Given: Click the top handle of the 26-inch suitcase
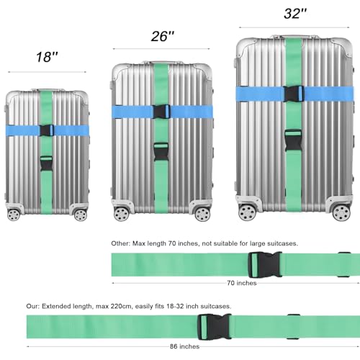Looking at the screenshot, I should (162, 58).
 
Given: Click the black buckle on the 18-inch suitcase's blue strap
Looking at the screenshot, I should (48, 130).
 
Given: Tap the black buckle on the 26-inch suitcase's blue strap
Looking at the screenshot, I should (161, 111).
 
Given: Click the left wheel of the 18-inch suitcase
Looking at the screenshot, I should (14, 215).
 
